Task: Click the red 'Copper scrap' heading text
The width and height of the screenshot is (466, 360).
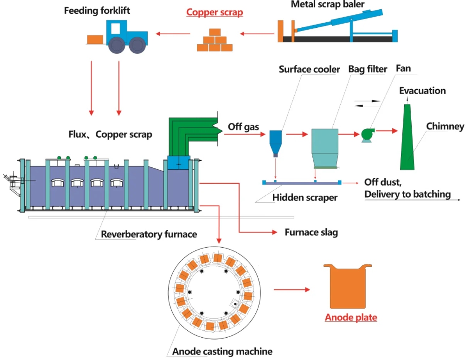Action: [214, 12]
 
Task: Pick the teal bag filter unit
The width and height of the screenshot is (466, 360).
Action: [324, 147]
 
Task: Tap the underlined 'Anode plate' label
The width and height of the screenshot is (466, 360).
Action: [351, 318]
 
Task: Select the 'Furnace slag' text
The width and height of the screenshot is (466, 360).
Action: [311, 232]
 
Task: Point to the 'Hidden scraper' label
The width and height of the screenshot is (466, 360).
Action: [305, 198]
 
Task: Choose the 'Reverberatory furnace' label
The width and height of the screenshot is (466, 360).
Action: [149, 234]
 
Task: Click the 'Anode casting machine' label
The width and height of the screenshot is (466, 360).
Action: [222, 352]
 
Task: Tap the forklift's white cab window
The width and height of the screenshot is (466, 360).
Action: [115, 28]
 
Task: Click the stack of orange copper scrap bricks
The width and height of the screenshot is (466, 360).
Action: [214, 41]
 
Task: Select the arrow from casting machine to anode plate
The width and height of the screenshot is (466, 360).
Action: [291, 289]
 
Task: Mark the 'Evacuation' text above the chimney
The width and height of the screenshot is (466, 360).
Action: [422, 91]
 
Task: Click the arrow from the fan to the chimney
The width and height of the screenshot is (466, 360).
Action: [387, 131]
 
